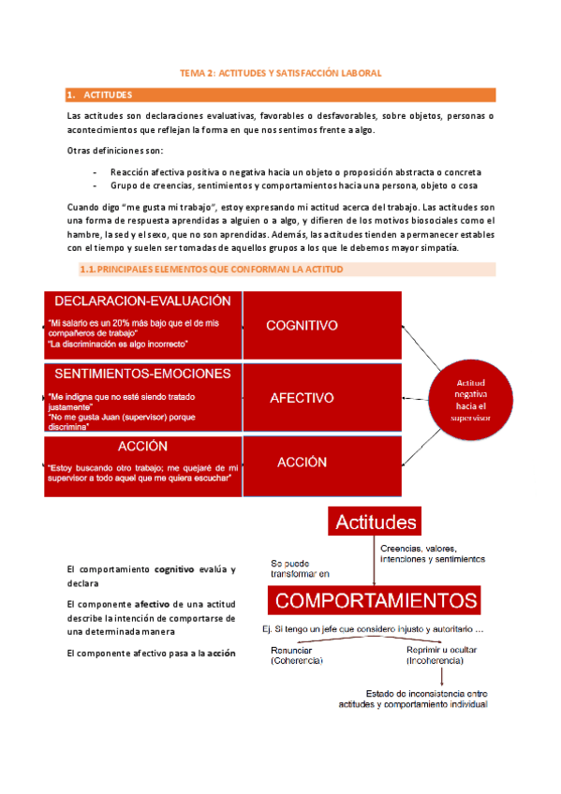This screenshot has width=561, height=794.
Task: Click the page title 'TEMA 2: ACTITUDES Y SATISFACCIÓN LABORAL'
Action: pyautogui.click(x=281, y=72)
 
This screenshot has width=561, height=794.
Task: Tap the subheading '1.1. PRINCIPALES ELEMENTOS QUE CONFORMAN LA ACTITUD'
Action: pyautogui.click(x=213, y=270)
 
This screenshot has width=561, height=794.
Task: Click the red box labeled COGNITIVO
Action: pyautogui.click(x=302, y=326)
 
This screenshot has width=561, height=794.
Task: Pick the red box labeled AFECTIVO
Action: pyautogui.click(x=302, y=398)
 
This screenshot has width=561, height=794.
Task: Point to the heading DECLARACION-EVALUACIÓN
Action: pyautogui.click(x=142, y=301)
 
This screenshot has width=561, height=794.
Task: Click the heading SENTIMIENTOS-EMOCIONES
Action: pyautogui.click(x=142, y=373)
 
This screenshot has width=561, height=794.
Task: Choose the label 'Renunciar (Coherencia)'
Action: pyautogui.click(x=297, y=654)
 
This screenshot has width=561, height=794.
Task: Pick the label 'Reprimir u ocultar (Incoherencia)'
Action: pyautogui.click(x=435, y=654)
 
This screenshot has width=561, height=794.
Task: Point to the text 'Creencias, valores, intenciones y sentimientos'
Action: pyautogui.click(x=432, y=552)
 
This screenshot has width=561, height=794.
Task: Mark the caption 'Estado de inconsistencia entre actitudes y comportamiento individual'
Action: pyautogui.click(x=413, y=698)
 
